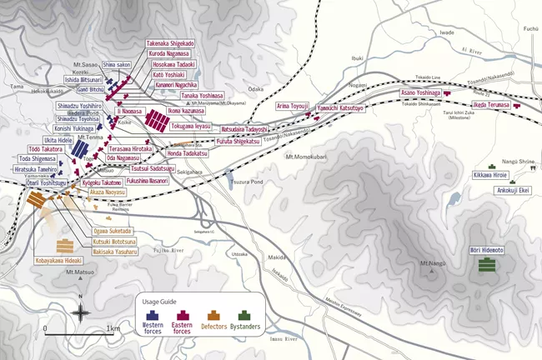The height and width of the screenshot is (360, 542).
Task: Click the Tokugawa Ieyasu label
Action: pos(191,126)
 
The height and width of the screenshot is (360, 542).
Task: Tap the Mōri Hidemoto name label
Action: pos(484,250)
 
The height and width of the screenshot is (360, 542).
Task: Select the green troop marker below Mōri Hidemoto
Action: pos(484,265)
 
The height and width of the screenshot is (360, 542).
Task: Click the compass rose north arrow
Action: pos(79,312)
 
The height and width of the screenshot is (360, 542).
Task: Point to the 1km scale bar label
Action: pos(113,328)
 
